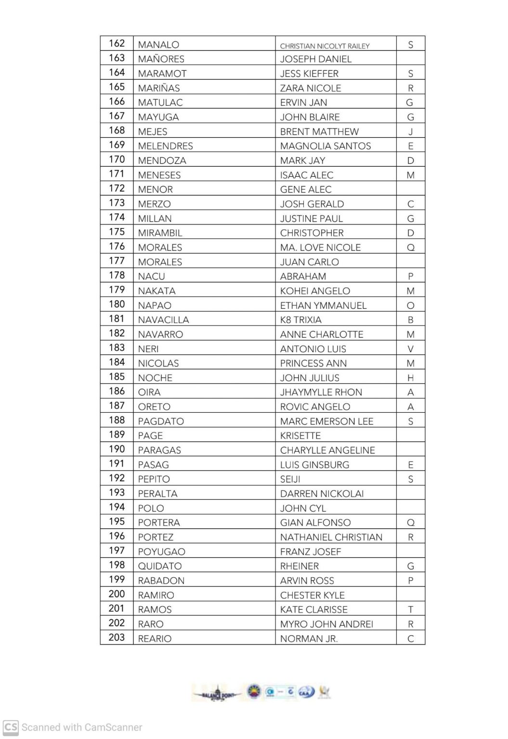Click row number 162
pyautogui.click(x=117, y=44)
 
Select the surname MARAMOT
pyautogui.click(x=162, y=74)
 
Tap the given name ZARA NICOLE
pyautogui.click(x=310, y=88)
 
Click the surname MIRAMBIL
pyautogui.click(x=160, y=233)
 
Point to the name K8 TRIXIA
pyautogui.click(x=300, y=320)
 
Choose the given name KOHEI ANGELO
pyautogui.click(x=315, y=291)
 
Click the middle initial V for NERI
pyautogui.click(x=410, y=349)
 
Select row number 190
pyautogui.click(x=117, y=449)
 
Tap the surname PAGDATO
pyautogui.click(x=161, y=421)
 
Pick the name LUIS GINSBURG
pyautogui.click(x=314, y=465)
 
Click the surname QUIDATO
pyautogui.click(x=159, y=566)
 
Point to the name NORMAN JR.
pyautogui.click(x=309, y=639)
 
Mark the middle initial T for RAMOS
pyautogui.click(x=410, y=610)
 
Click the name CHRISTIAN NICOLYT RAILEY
pyautogui.click(x=325, y=46)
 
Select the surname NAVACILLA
pyautogui.click(x=163, y=320)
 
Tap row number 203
pyautogui.click(x=117, y=637)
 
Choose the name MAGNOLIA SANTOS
pyautogui.click(x=325, y=146)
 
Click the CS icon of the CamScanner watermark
pyautogui.click(x=11, y=727)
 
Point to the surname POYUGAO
pyautogui.click(x=161, y=552)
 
